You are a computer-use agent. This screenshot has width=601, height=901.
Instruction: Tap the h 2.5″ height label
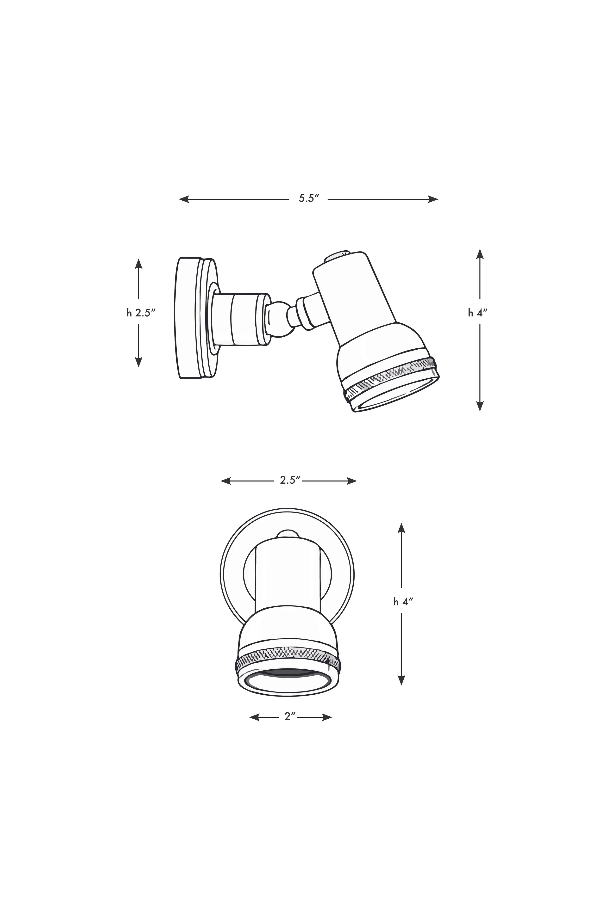pos(141,313)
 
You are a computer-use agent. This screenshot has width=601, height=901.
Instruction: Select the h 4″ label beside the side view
pos(477,313)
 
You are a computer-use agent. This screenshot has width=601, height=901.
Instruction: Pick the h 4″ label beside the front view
pos(403,602)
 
